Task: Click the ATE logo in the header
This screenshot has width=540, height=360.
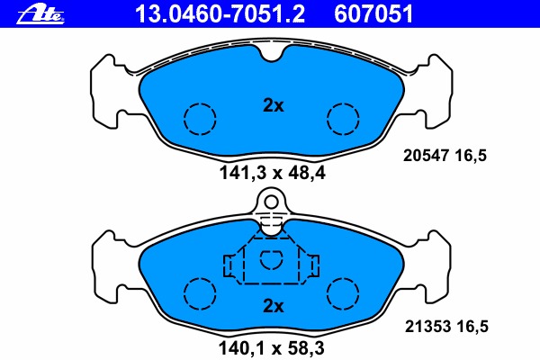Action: [x=40, y=14]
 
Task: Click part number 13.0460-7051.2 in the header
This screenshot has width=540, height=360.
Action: [x=220, y=14]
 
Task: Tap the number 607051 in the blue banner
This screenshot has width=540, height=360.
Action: [x=373, y=14]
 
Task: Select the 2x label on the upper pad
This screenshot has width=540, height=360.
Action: [x=274, y=105]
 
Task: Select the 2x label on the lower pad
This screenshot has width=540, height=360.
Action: [x=274, y=306]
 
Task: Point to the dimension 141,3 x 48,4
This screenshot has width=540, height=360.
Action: [x=272, y=173]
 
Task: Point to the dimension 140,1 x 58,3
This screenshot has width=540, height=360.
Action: [x=272, y=348]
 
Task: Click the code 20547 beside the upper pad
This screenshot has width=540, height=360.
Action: [x=426, y=156]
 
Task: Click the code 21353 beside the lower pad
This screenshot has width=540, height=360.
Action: [x=427, y=326]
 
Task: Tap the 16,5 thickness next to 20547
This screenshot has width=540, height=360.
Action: [x=471, y=156]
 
